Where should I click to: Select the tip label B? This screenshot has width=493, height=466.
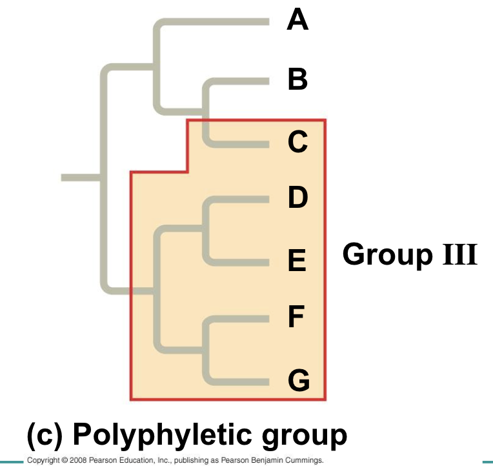[297, 80]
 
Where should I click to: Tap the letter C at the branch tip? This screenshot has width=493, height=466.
[297, 141]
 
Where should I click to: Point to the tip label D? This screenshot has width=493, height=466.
[297, 198]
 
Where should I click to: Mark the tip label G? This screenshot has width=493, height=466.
[298, 380]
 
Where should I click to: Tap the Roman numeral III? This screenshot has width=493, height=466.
[459, 254]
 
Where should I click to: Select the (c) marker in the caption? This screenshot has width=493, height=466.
[44, 436]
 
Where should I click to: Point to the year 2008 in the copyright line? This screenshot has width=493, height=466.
[77, 461]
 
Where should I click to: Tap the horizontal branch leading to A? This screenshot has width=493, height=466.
[213, 22]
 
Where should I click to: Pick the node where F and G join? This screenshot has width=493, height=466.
[205, 349]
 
